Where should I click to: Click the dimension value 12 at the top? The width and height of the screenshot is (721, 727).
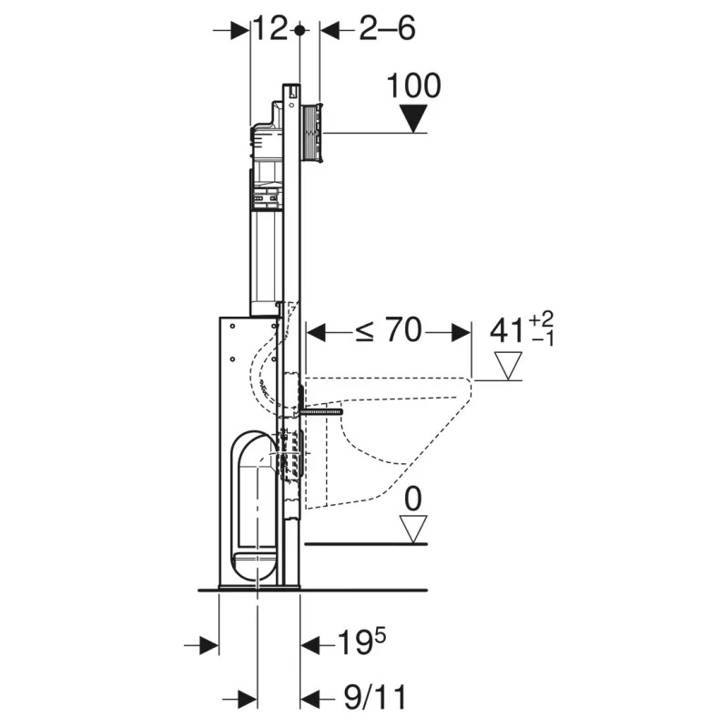(270, 29)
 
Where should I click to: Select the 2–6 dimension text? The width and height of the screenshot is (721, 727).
(388, 29)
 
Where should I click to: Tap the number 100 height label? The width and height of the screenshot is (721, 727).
(413, 86)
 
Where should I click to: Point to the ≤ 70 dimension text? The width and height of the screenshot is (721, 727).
(389, 330)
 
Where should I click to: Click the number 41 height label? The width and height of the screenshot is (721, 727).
(507, 331)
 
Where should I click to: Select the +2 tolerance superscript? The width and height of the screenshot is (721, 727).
(541, 319)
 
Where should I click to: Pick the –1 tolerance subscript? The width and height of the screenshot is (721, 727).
(543, 338)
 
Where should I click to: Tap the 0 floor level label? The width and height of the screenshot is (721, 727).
(413, 499)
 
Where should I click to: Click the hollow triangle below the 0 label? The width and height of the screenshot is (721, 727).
(413, 529)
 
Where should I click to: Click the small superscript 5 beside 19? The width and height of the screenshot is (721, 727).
(380, 636)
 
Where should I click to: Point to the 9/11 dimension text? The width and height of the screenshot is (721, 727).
(375, 697)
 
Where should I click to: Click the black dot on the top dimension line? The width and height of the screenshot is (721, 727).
(300, 31)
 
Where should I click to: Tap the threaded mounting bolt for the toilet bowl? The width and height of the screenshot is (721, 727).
(321, 410)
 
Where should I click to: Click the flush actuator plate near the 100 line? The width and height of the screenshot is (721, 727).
(313, 133)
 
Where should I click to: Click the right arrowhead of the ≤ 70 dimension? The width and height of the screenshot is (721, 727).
(462, 332)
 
